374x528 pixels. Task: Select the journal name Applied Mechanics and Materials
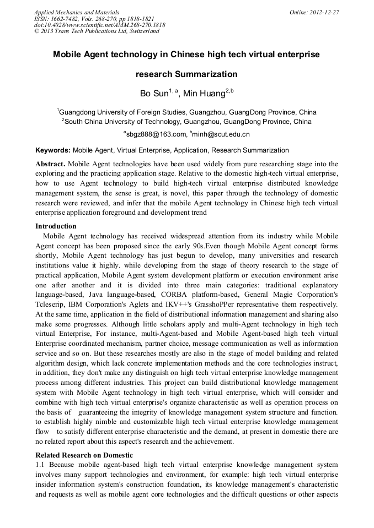pyautogui.click(x=77, y=12)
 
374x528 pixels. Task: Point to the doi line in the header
pyautogui.click(x=99, y=25)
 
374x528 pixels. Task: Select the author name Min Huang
pyautogui.click(x=205, y=94)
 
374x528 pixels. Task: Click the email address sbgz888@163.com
pyautogui.click(x=157, y=134)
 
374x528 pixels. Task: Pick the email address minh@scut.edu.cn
pyautogui.click(x=221, y=134)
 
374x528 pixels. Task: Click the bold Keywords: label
pyautogui.click(x=53, y=150)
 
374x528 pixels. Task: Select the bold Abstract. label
pyautogui.click(x=50, y=164)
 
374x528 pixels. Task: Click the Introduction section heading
pyautogui.click(x=56, y=226)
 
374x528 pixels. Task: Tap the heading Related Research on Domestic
pyautogui.click(x=84, y=455)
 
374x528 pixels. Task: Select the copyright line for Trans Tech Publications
pyautogui.click(x=97, y=31)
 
